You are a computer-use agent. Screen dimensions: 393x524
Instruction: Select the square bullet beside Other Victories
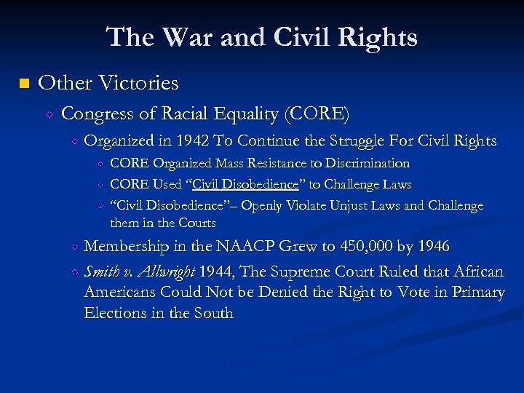(23, 84)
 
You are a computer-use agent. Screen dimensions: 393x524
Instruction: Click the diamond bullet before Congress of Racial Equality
(50, 114)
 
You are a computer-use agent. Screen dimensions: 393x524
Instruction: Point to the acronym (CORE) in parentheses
(317, 114)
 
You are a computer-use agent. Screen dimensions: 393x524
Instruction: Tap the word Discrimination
(367, 164)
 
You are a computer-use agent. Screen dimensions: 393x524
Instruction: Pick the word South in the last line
(213, 314)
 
